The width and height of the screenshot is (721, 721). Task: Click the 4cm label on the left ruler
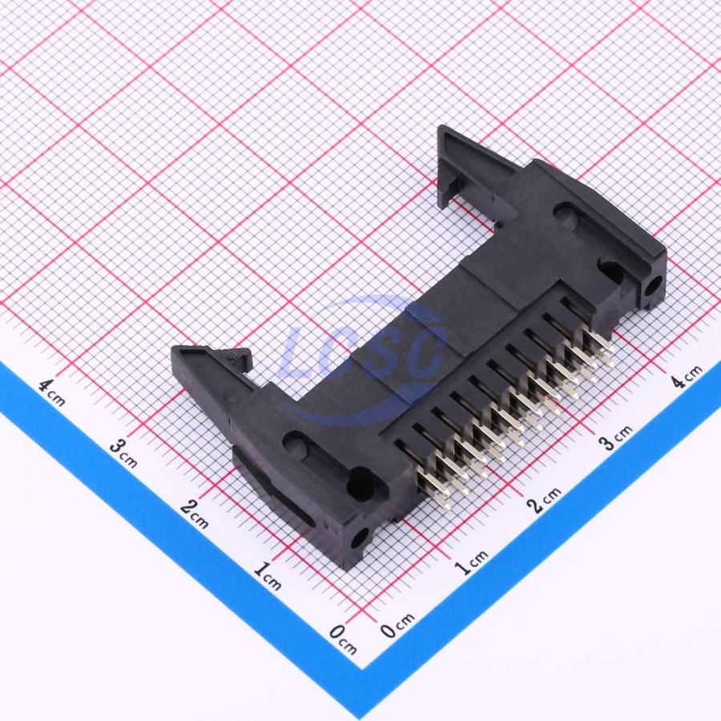tap(51, 393)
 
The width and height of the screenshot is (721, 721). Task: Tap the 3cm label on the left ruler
tap(124, 453)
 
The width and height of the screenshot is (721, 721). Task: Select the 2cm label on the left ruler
tap(195, 514)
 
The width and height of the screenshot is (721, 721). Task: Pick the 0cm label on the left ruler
tap(343, 639)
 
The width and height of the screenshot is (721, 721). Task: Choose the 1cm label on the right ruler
tap(472, 562)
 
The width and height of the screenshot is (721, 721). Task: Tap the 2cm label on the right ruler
tap(545, 500)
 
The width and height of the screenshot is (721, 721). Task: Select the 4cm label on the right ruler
tap(687, 377)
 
